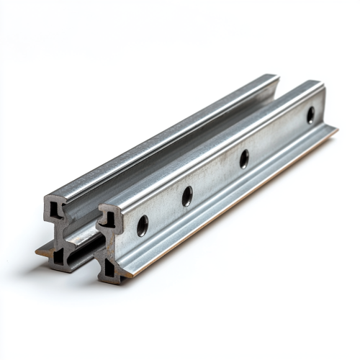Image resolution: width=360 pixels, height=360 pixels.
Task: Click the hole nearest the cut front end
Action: (143, 225)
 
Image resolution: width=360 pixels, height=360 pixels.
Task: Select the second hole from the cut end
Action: (187, 195)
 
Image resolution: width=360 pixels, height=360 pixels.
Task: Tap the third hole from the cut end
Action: (244, 158)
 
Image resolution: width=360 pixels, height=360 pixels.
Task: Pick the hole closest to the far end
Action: (310, 115)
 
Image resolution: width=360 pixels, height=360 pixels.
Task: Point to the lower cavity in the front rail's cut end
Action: (109, 269)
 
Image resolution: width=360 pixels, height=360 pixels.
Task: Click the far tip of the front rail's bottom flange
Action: (336, 129)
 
